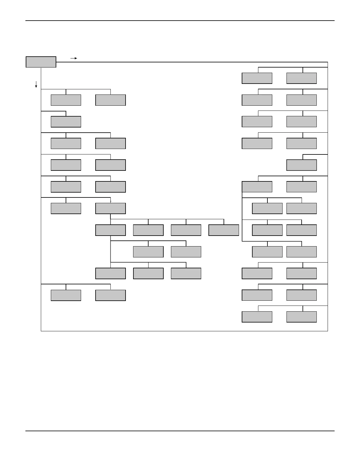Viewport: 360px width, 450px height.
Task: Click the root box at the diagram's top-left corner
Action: coord(41,62)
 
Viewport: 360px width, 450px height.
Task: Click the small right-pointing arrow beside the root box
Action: coord(74,58)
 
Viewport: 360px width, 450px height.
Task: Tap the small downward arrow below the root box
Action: coord(36,84)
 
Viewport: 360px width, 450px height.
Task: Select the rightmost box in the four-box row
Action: coord(224,230)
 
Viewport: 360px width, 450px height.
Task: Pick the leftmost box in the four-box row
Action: coord(110,230)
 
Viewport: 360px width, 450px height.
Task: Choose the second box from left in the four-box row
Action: coord(148,230)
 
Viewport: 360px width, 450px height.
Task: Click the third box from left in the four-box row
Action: coord(186,230)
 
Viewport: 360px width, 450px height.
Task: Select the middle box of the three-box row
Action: coord(148,273)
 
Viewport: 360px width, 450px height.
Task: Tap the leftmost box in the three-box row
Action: coord(110,273)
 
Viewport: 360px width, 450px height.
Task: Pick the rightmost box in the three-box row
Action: coord(186,273)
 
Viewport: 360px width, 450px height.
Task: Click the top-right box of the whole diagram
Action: coord(301,78)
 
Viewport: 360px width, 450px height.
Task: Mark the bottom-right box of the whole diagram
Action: coord(301,317)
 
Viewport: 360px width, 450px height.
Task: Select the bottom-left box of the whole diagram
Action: coord(66,295)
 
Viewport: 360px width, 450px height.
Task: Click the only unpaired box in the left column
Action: coord(66,122)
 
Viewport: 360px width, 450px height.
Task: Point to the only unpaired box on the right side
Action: coord(301,165)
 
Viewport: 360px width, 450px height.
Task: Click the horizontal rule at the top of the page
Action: coord(180,21)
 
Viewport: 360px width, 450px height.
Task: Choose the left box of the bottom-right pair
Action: coord(257,317)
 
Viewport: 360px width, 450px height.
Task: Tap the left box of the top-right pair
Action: coord(257,78)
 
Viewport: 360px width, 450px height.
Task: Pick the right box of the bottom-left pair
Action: coord(110,295)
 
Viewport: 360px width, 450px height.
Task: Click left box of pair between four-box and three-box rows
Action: coord(148,252)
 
